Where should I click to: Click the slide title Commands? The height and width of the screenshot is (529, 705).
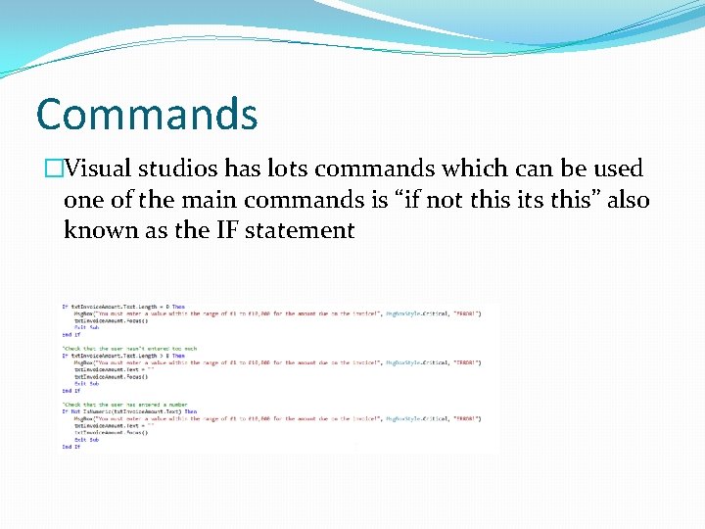[x=147, y=114]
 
